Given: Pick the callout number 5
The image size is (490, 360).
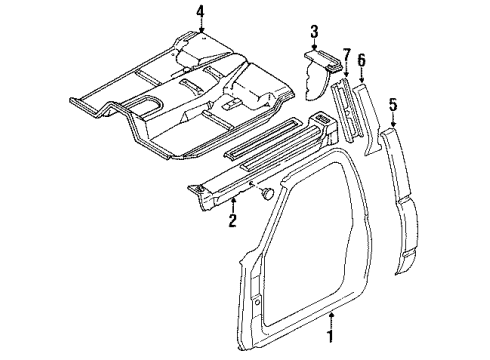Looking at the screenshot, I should tap(393, 103).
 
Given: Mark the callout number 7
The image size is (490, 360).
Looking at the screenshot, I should tap(346, 53).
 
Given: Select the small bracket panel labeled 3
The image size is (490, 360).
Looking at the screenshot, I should tap(318, 75).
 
